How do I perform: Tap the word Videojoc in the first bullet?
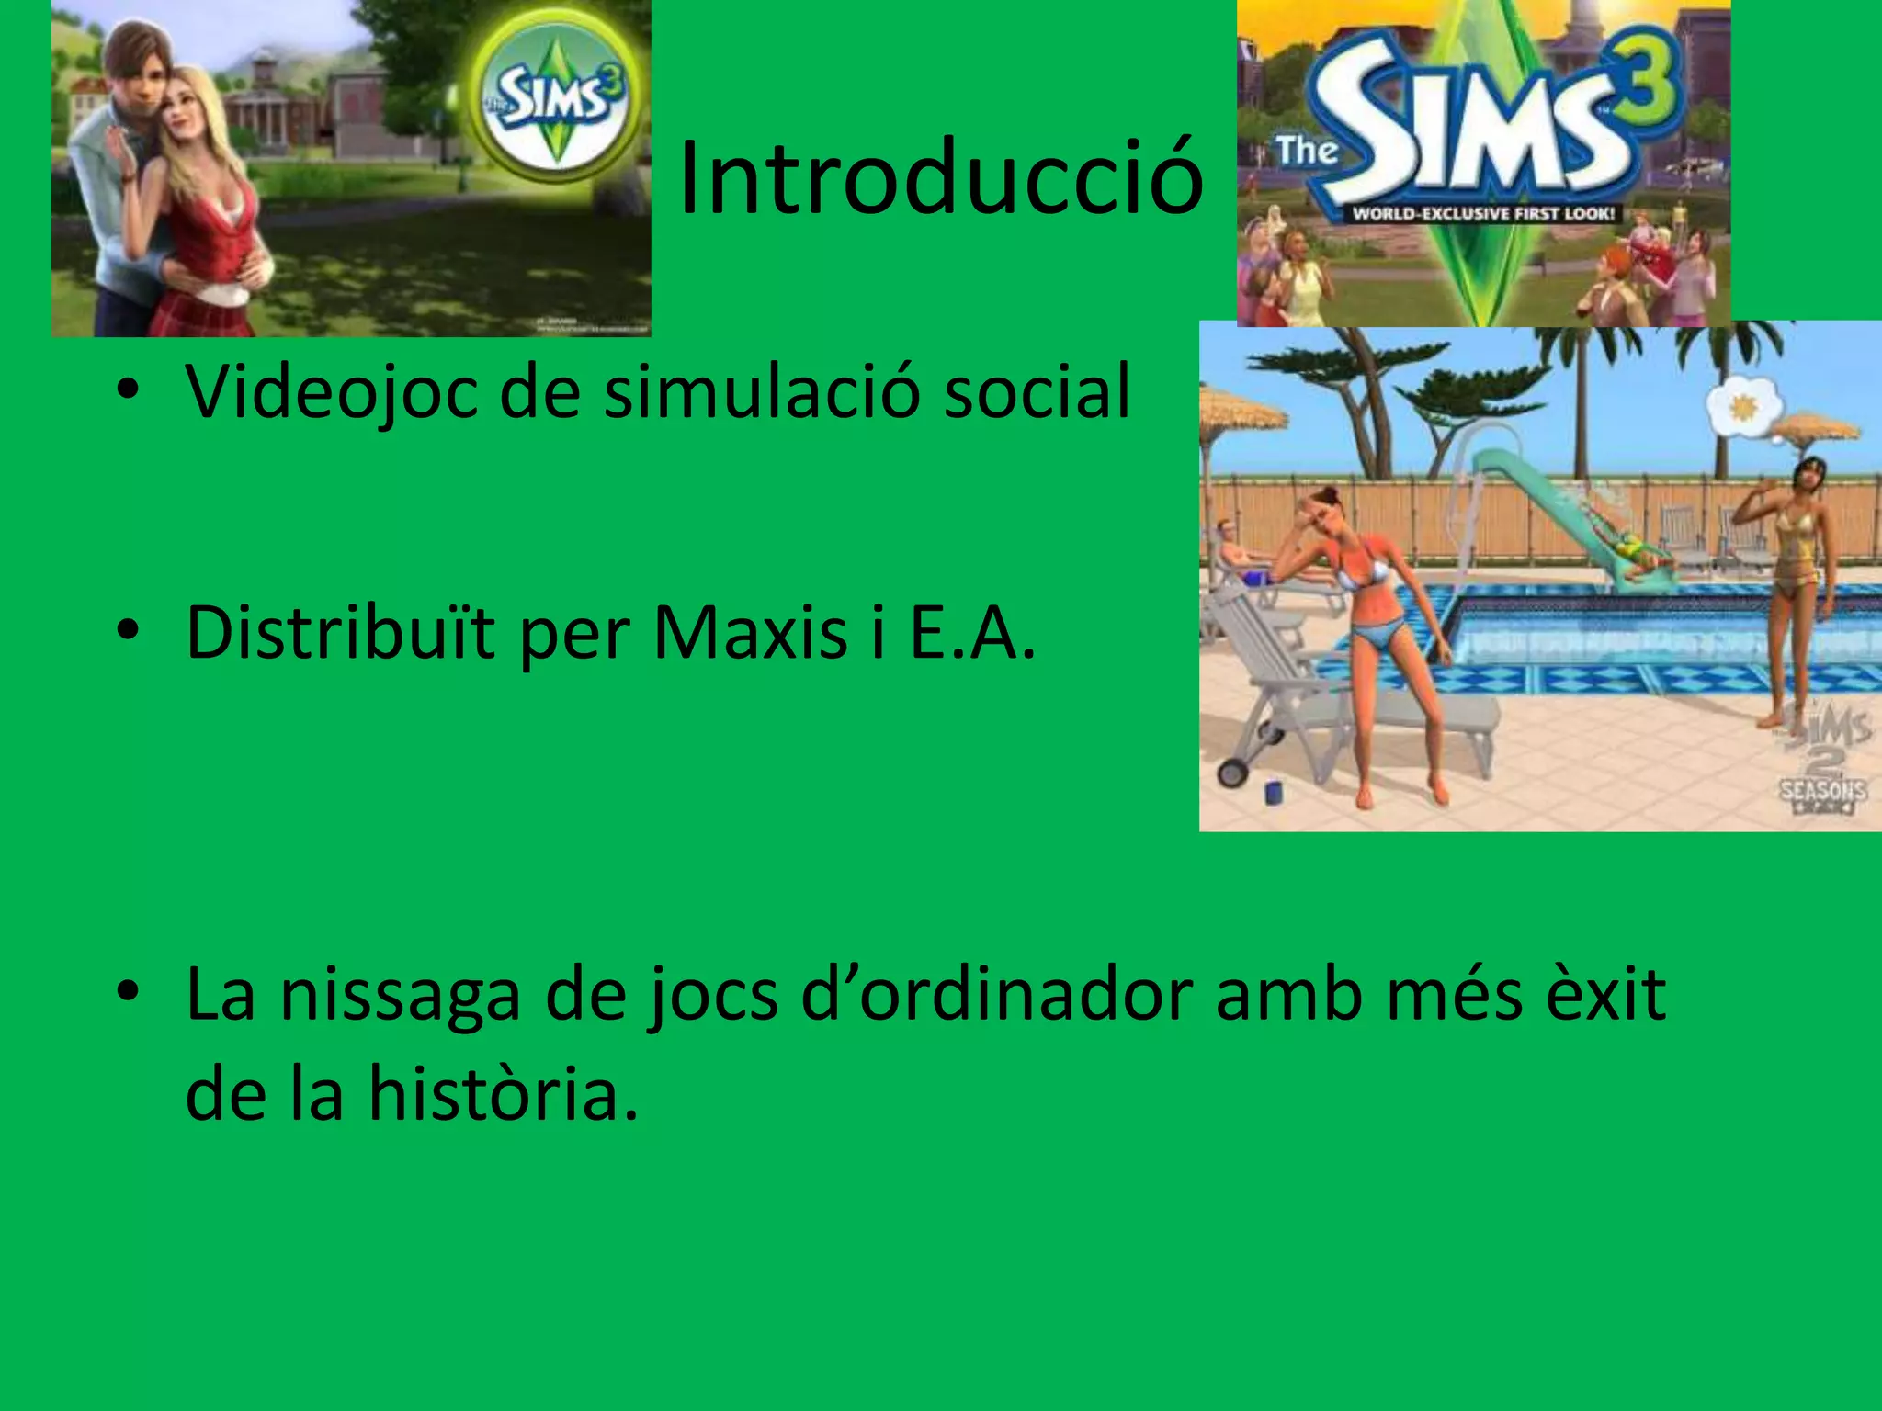pyautogui.click(x=332, y=392)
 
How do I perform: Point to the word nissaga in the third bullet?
pyautogui.click(x=400, y=994)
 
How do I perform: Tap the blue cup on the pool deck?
pyautogui.click(x=1274, y=791)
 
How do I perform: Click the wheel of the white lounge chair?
pyautogui.click(x=1230, y=771)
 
